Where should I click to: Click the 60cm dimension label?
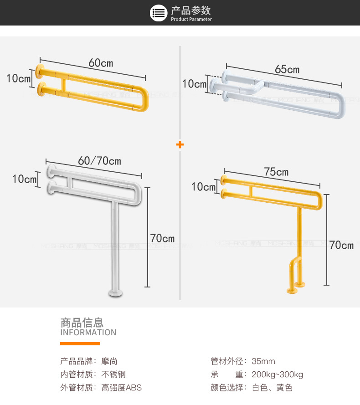click(x=101, y=62)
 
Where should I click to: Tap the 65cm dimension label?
click(x=287, y=69)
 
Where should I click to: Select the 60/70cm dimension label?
click(x=100, y=161)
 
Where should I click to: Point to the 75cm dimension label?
click(x=276, y=172)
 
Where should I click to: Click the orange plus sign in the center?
click(x=180, y=145)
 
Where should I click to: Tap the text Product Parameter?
click(x=191, y=20)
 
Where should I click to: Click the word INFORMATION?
click(x=88, y=333)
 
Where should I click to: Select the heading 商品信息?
click(x=82, y=323)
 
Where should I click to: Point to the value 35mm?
click(x=263, y=362)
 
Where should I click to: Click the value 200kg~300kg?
click(x=277, y=375)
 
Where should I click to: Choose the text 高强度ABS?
click(x=122, y=388)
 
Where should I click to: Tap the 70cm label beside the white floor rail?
click(x=162, y=238)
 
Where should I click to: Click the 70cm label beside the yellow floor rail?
click(x=341, y=245)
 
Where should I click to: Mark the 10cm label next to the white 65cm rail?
click(x=194, y=84)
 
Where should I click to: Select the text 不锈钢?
click(x=113, y=375)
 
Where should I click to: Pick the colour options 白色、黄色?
click(x=272, y=388)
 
